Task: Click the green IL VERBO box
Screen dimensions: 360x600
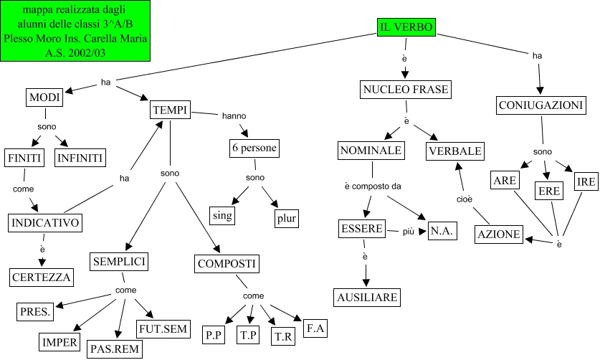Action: coord(406,27)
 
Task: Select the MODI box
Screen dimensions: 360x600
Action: coord(44,98)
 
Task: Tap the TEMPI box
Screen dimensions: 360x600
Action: coord(170,110)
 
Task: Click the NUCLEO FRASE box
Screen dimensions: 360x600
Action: coord(405,90)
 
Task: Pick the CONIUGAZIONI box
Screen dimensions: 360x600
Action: coord(541,105)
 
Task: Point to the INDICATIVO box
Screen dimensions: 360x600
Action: coord(45,223)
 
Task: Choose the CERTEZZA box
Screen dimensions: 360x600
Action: coord(42,277)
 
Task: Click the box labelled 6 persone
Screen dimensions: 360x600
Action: coord(254,148)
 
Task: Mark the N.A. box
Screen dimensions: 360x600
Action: coord(442,230)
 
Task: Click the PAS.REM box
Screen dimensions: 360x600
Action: coord(115,349)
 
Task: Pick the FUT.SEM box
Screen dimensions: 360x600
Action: coord(163,329)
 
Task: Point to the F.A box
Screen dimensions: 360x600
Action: coord(315,328)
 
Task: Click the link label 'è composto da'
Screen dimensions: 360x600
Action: coord(372,186)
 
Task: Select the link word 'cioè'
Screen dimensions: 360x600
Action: coord(465,199)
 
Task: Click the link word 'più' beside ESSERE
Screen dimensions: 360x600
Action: coord(408,230)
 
